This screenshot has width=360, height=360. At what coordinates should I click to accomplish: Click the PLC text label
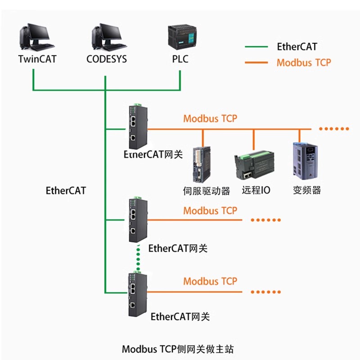click(180, 59)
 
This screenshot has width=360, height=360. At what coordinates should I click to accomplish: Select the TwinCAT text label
click(37, 59)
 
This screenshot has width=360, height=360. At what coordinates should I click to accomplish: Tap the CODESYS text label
click(107, 59)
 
